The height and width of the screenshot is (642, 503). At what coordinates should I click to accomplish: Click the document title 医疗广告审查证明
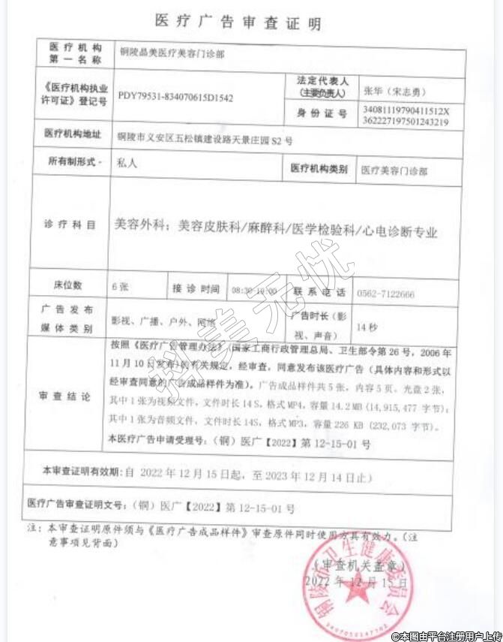click(238, 20)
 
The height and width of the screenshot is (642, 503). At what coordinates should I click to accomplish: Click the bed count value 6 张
click(120, 286)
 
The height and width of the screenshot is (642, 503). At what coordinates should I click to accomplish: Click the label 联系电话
click(318, 291)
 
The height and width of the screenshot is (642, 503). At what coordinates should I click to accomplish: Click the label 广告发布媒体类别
click(69, 319)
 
